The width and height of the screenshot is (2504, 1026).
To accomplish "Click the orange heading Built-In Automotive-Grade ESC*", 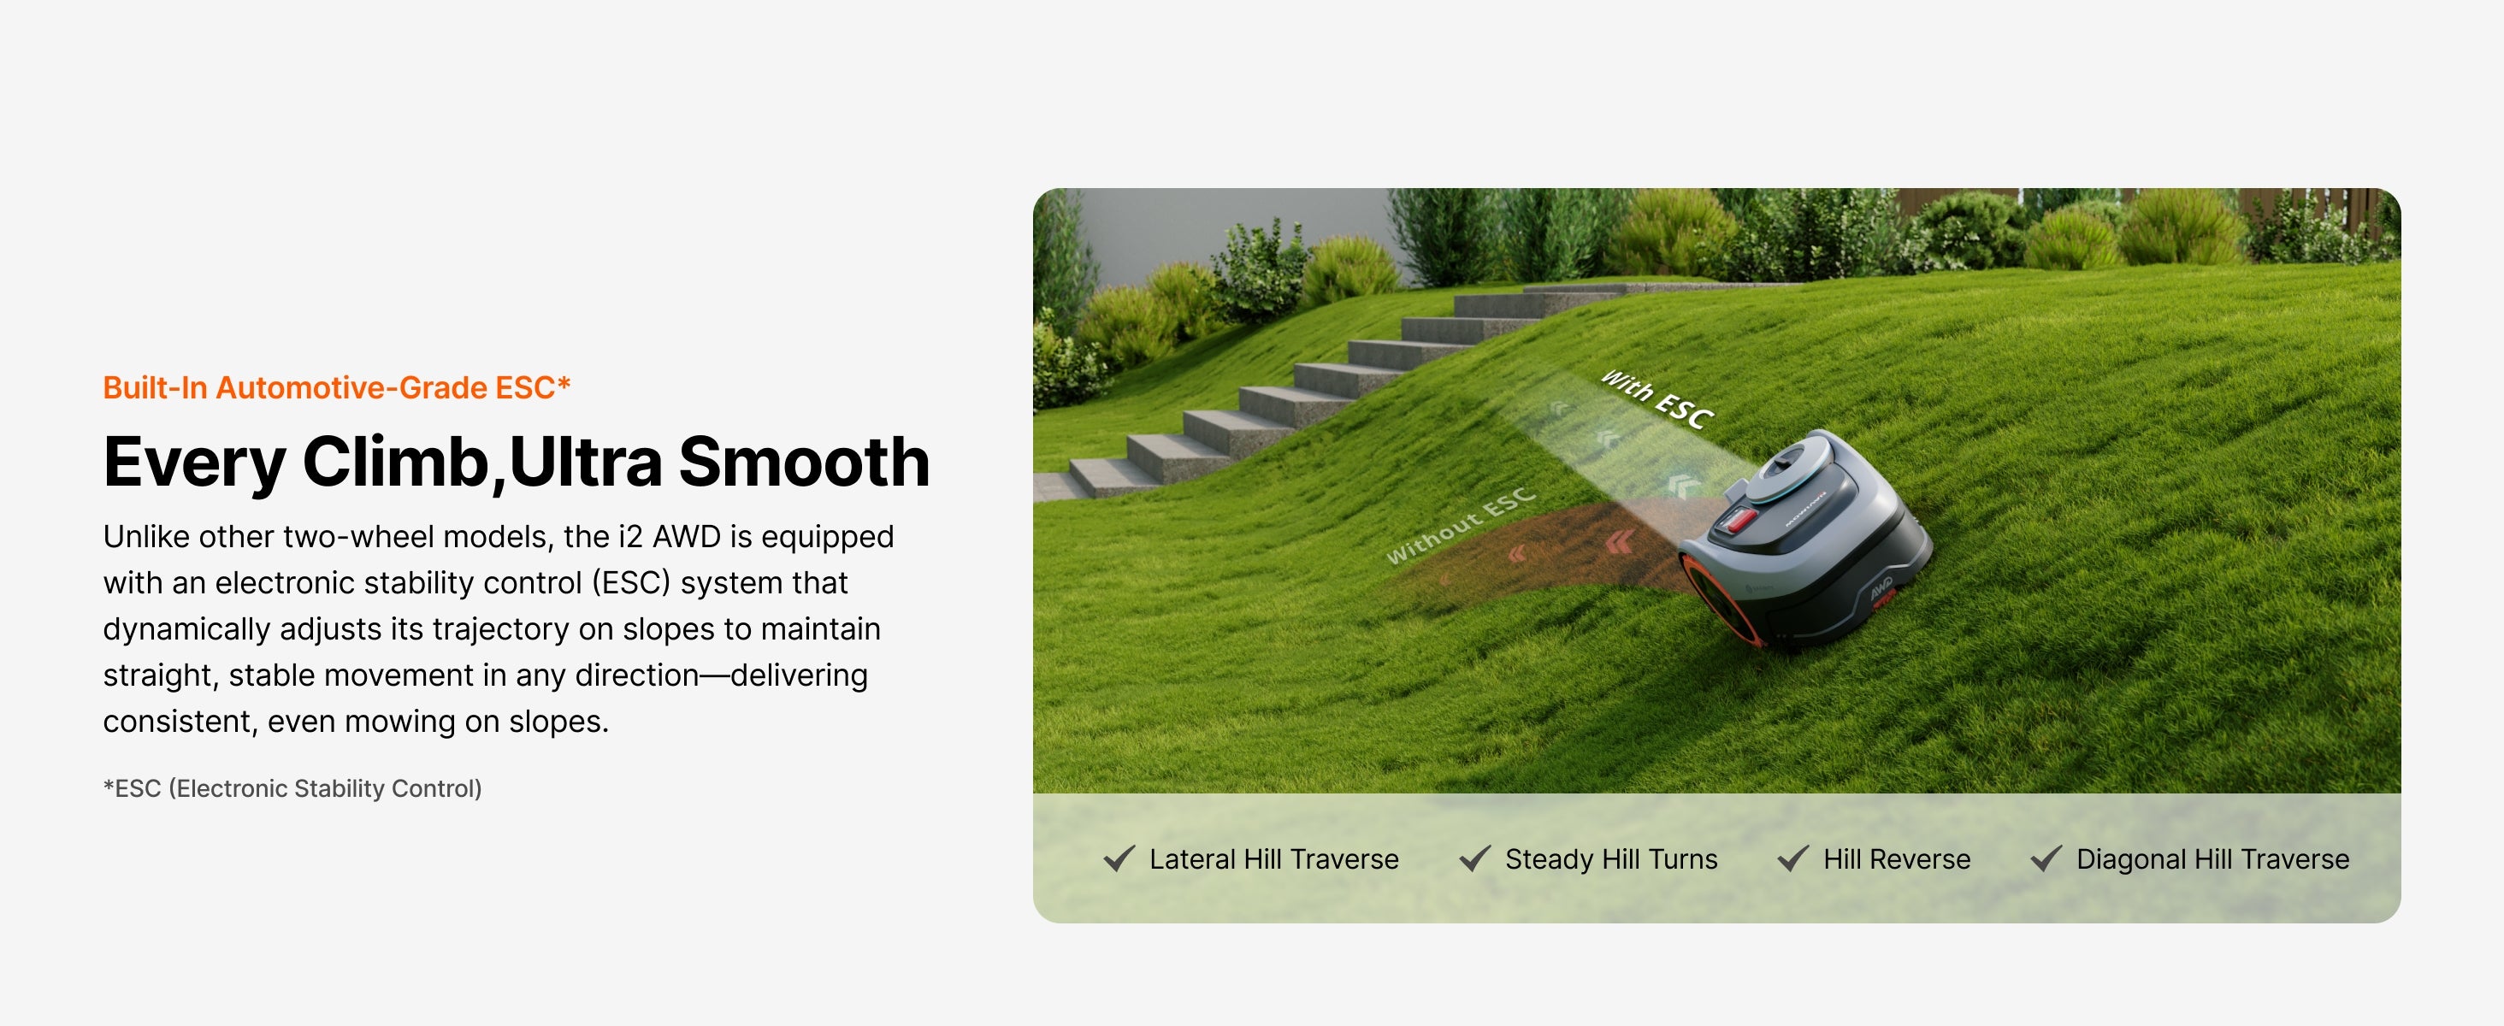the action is (336, 387).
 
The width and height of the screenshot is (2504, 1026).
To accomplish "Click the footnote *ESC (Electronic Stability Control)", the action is (292, 788).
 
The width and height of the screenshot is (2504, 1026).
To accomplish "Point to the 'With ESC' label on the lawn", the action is (1657, 399).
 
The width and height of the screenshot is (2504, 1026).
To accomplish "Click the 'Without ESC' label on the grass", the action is (1460, 526).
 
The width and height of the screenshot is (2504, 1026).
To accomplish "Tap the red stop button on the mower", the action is (1739, 520).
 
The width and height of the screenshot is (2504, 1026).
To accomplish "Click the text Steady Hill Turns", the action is (1610, 859).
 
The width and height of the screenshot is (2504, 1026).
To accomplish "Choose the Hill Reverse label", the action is (1897, 859).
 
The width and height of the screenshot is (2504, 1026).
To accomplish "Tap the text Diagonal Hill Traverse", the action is (2212, 859).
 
